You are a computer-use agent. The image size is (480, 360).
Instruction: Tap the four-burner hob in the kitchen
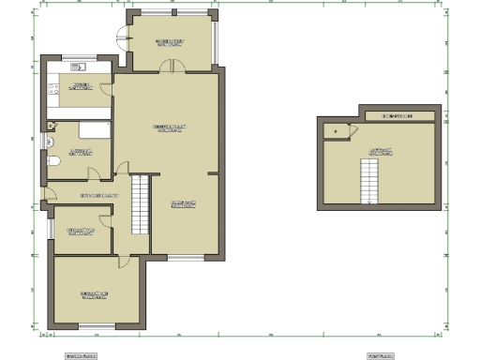coord(53,90)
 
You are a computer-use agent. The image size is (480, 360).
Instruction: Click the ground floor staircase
coord(140,204)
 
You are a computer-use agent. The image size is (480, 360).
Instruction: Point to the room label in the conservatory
coord(170,42)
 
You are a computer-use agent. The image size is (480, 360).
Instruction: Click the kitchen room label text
coord(80,85)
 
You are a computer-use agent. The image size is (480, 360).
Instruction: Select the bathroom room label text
coord(80,151)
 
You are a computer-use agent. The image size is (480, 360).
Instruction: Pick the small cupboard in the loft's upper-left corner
coord(333,132)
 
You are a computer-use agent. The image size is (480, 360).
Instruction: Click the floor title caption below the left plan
coord(80,356)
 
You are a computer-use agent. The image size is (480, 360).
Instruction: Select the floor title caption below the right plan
coord(379,356)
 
